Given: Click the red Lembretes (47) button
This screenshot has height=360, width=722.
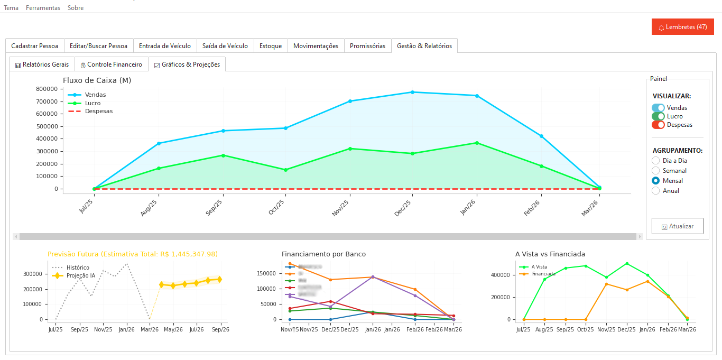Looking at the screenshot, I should tap(682, 27).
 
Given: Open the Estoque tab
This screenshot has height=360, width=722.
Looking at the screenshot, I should tap(271, 46).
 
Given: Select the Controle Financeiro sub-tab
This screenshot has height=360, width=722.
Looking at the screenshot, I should tap(112, 64).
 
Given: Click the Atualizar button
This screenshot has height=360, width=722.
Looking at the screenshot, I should tap(677, 226).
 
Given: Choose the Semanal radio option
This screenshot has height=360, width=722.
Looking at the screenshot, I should tap(656, 171).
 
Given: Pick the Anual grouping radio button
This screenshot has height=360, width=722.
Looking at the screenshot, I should tap(656, 191).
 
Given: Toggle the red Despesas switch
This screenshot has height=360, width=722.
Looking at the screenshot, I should tap(658, 125).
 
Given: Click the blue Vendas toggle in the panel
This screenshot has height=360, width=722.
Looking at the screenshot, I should tap(658, 108).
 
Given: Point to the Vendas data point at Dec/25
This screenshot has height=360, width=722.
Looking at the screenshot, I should tap(412, 92).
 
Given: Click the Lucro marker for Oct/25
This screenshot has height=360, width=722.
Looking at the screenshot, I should tap(285, 170).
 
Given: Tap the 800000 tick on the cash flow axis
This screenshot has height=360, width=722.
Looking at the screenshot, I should tap(47, 89).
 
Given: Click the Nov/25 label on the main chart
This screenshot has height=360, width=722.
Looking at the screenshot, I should tap(341, 208).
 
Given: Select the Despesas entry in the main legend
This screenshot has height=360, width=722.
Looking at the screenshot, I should tap(98, 112).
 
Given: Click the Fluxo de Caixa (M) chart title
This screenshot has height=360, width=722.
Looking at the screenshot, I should tap(97, 80).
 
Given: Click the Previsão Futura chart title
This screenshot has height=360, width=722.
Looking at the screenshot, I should tap(132, 254).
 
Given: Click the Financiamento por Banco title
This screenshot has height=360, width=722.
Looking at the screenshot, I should tap(323, 254).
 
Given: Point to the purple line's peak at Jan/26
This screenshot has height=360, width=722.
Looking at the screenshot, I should tap(373, 276).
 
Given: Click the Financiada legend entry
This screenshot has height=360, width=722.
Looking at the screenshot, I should tap(543, 274).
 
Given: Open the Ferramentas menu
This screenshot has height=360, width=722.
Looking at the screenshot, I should tap(43, 8).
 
